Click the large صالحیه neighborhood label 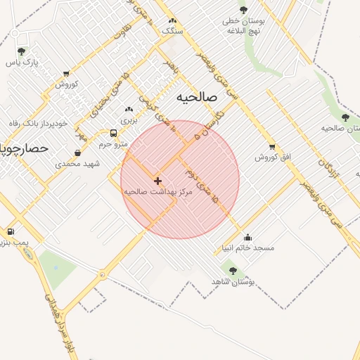pyautogui.click(x=196, y=96)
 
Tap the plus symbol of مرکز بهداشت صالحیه pyautogui.click(x=157, y=181)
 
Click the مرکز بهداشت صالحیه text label pyautogui.click(x=157, y=191)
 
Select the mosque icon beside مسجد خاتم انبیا pyautogui.click(x=247, y=238)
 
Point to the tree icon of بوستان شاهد pyautogui.click(x=233, y=271)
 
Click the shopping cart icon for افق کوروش pyautogui.click(x=272, y=147)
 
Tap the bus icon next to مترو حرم pyautogui.click(x=114, y=133)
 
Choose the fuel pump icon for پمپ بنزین pyautogui.click(x=11, y=232)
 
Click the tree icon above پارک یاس pyautogui.click(x=21, y=51)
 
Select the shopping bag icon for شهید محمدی pyautogui.click(x=77, y=153)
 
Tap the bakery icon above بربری pyautogui.click(x=128, y=110)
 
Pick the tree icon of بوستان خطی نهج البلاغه pyautogui.click(x=243, y=10)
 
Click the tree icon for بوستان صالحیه pyautogui.click(x=345, y=117)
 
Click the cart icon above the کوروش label pyautogui.click(x=66, y=73)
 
